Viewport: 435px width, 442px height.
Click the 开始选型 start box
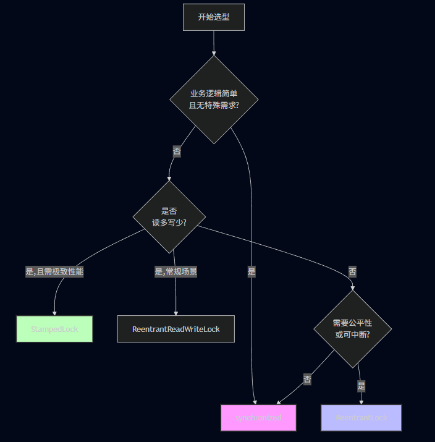coord(214,17)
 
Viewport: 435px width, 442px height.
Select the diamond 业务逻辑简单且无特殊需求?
coord(214,100)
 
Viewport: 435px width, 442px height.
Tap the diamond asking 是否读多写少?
coord(169,217)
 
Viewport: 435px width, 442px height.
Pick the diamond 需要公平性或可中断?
coord(352,328)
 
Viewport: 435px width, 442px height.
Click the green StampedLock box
coord(54,329)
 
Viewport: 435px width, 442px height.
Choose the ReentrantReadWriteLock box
coord(176,329)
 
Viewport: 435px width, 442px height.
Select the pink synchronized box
coord(258,418)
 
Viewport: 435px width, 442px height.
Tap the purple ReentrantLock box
coord(361,418)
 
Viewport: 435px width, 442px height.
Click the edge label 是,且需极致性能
coord(54,271)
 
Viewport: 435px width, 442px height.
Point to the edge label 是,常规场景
coord(175,271)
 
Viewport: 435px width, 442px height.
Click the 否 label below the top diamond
coord(177,151)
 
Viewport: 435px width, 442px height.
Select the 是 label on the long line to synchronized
coord(251,271)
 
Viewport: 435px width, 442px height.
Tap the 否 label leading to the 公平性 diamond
coord(352,271)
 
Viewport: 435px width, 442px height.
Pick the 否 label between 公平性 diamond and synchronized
coord(307,380)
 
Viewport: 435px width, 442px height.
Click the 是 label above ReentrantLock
coord(361,386)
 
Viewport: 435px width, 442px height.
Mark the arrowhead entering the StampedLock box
coord(54,313)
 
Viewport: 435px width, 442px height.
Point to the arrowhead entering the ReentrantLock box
coord(361,402)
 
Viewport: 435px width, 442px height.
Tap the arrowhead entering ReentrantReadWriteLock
coord(176,313)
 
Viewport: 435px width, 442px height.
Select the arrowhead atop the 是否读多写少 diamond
coord(169,178)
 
